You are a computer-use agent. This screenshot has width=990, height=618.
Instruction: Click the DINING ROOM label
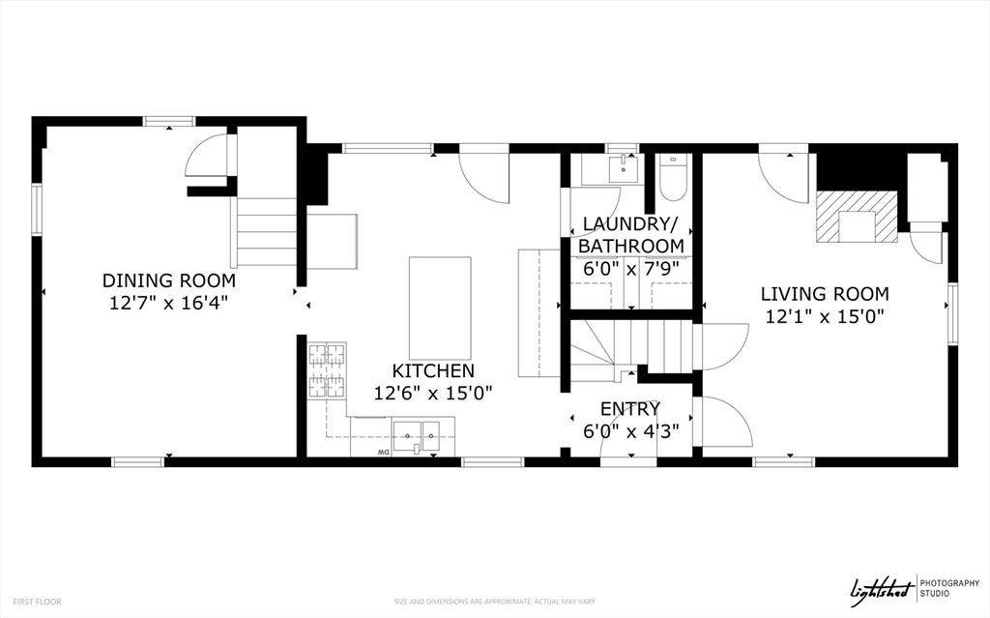[169, 280]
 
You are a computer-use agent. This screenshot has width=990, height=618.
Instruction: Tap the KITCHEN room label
[433, 371]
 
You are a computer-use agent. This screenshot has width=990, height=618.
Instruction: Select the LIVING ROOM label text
[825, 294]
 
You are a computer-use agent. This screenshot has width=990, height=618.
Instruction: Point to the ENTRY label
[630, 409]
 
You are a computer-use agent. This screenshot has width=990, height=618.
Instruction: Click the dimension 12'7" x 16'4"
[168, 304]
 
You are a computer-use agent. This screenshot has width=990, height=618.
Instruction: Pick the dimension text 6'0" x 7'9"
[630, 269]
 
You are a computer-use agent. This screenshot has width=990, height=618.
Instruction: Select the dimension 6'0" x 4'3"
[630, 431]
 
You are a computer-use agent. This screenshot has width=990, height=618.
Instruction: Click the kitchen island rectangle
[440, 308]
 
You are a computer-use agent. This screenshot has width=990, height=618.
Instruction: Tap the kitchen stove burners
[327, 371]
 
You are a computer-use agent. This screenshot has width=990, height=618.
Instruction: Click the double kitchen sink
[417, 436]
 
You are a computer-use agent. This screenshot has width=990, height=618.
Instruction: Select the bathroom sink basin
[624, 168]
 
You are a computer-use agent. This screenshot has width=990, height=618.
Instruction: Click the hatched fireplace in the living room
[857, 216]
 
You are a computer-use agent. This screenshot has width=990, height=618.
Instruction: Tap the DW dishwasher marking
[383, 452]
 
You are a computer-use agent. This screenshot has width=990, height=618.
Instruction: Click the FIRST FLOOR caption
[38, 602]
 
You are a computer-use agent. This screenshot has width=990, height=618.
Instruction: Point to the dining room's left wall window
[37, 209]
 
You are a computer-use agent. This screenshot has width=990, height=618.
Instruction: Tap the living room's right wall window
[952, 314]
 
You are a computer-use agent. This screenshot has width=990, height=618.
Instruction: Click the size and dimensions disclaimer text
[495, 602]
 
